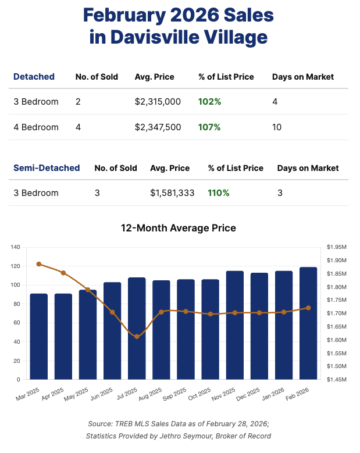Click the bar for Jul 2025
137,329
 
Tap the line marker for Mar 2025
39,264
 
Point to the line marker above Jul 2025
137,337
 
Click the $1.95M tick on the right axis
337,248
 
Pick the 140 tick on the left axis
15,248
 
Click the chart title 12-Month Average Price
179,228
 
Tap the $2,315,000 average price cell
158,102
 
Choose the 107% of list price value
209,127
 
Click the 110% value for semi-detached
219,193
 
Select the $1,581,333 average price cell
172,193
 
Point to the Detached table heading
34,77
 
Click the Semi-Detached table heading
47,168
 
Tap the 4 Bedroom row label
36,127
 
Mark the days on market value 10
277,127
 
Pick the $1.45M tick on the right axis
337,380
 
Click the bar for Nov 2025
235,325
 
